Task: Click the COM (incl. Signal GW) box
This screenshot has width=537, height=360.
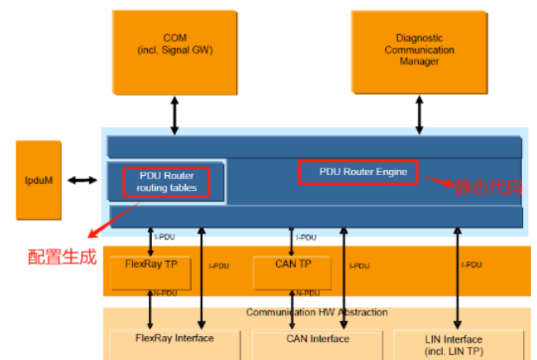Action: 175,52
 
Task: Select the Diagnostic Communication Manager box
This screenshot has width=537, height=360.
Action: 420,52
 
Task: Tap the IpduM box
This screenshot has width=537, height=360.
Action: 39,180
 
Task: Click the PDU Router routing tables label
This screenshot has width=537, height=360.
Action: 166,182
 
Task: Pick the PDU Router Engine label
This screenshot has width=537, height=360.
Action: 363,172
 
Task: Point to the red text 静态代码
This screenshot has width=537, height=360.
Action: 488,187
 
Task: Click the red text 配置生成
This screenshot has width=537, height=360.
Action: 62,257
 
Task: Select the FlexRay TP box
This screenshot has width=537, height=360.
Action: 150,272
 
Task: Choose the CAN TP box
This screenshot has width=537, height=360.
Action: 292,272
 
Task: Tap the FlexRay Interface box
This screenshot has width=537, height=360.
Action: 174,344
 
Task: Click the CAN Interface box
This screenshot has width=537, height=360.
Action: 317,344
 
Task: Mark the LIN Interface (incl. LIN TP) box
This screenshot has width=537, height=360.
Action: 459,344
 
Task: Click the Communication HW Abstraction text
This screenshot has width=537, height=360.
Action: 316,312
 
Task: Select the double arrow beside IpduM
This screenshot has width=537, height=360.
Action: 82,180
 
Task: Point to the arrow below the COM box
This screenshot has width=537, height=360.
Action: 174,116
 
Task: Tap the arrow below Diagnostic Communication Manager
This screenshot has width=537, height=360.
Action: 419,115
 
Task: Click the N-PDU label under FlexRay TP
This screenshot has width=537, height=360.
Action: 165,293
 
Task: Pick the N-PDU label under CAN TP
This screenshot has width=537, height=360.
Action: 308,293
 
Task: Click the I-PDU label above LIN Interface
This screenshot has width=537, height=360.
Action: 472,265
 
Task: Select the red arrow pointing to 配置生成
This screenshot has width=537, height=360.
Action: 114,220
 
